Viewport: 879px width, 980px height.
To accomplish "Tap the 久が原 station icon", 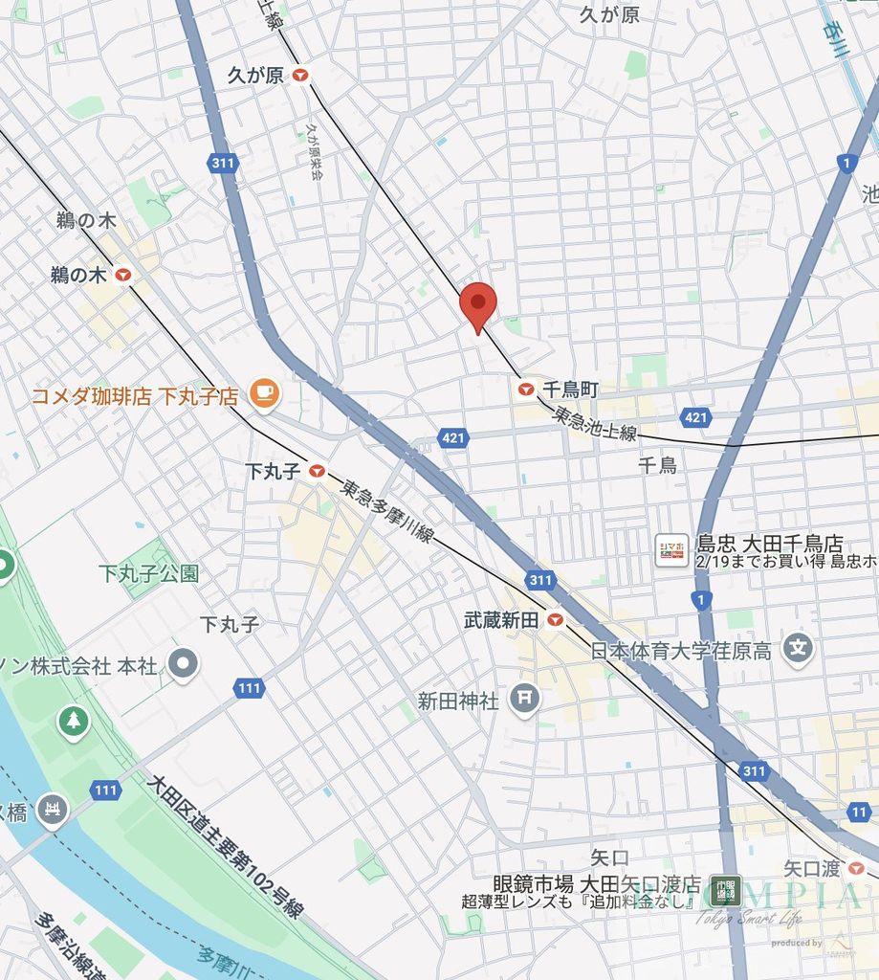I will click(x=301, y=75).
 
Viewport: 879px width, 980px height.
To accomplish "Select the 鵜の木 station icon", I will click(x=122, y=276).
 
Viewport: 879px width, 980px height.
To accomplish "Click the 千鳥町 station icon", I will click(x=525, y=389).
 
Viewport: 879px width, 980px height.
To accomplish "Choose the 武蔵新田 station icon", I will click(x=555, y=620).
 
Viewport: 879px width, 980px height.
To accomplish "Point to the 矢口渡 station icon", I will click(x=857, y=868).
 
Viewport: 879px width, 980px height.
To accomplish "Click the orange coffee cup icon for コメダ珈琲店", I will click(x=262, y=391).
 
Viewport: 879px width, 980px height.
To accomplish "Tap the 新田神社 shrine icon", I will click(x=523, y=700).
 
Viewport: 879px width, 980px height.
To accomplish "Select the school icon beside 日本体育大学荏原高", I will click(x=797, y=650).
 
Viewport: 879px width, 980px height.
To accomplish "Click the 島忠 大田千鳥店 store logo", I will click(x=671, y=550).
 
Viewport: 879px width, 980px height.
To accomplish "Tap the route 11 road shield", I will click(x=859, y=812).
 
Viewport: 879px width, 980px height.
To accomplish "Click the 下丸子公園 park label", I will click(x=148, y=573).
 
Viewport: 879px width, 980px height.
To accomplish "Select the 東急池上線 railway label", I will click(x=594, y=423).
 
